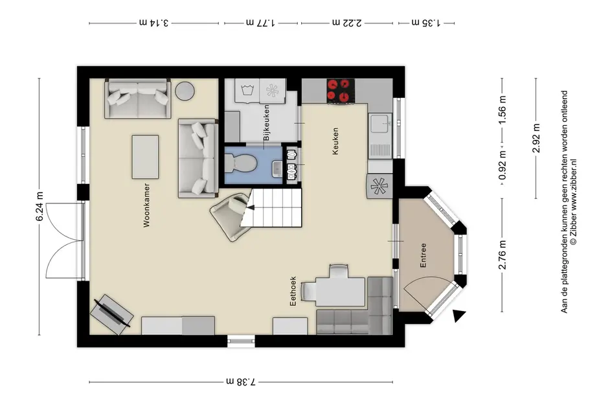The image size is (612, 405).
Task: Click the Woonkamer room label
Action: pos(146,205)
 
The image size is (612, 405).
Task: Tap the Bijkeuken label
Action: pos(267,122)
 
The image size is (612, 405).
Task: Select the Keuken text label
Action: pos(335,141)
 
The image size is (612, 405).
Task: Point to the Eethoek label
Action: pos(293,291)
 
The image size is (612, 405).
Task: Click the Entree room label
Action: pos(423,255)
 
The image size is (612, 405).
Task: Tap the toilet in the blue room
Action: pos(240,163)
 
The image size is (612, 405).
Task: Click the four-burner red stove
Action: pos(341,91)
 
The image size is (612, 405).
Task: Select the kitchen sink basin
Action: pos(380,124)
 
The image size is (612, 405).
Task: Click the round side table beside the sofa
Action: pos(185,91)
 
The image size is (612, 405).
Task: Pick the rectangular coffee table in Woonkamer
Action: pos(145,157)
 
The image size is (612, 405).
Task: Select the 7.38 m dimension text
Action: pos(241,382)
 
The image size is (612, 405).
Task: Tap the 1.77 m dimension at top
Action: pos(260,23)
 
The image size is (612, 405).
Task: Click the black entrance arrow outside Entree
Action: pos(460,316)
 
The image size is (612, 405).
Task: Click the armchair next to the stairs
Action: pos(231,216)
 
